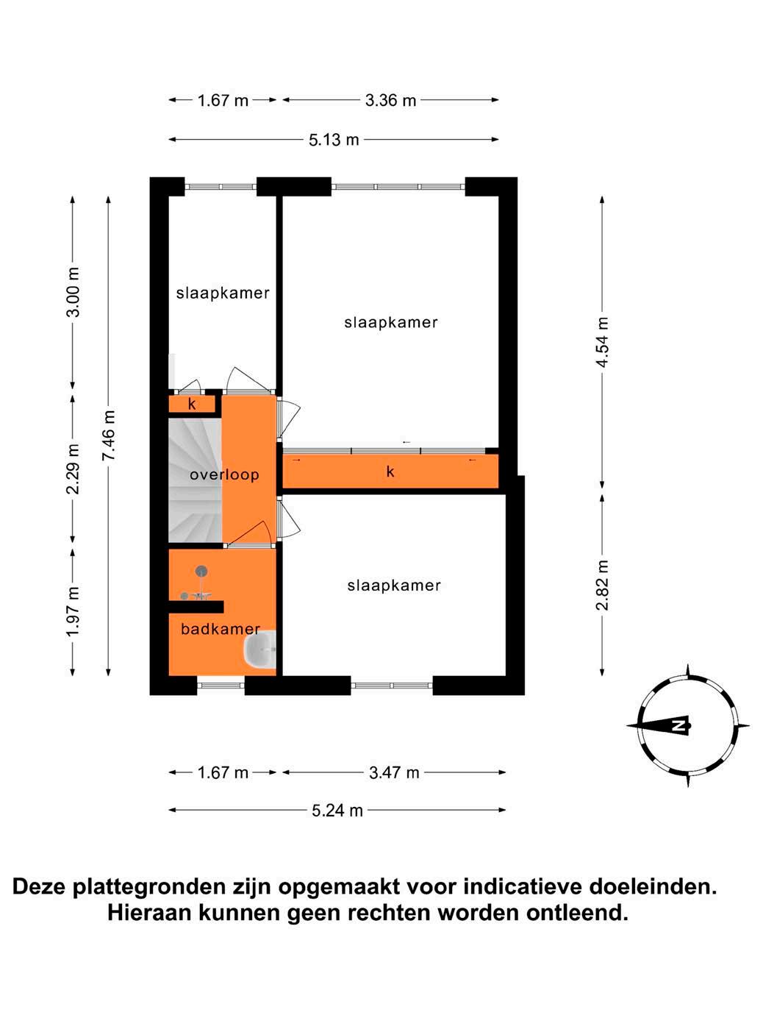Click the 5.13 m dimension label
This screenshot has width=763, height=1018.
pyautogui.click(x=334, y=140)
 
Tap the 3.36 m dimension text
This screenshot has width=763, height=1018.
pyautogui.click(x=390, y=100)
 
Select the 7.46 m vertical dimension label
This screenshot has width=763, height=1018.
pyautogui.click(x=109, y=435)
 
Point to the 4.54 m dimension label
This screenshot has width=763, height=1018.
pyautogui.click(x=602, y=343)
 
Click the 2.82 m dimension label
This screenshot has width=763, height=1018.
pyautogui.click(x=602, y=585)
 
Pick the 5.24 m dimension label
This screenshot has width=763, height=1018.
pyautogui.click(x=337, y=811)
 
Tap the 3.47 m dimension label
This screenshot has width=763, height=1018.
pyautogui.click(x=394, y=772)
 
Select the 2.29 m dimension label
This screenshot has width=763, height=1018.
pyautogui.click(x=73, y=469)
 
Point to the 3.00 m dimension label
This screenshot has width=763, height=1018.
pyautogui.click(x=73, y=292)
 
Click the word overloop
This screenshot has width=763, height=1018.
pyautogui.click(x=224, y=474)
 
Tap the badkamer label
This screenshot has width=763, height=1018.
pyautogui.click(x=220, y=629)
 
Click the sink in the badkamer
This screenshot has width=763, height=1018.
pyautogui.click(x=259, y=649)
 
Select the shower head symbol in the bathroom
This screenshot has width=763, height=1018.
pyautogui.click(x=201, y=571)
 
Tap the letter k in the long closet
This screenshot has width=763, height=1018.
pyautogui.click(x=390, y=471)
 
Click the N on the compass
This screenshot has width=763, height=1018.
pyautogui.click(x=679, y=726)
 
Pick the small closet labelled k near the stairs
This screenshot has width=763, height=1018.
pyautogui.click(x=192, y=404)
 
